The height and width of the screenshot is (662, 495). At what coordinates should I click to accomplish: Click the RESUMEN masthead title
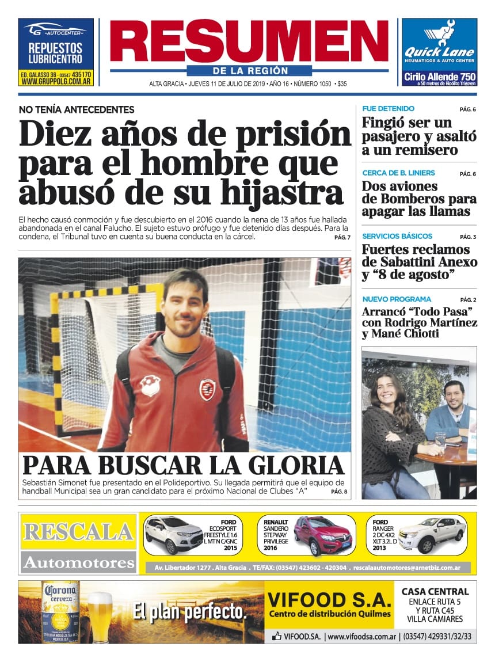[249, 41]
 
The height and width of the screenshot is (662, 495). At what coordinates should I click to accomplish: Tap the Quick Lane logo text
[439, 52]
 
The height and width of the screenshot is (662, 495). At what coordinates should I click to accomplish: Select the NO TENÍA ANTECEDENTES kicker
[77, 109]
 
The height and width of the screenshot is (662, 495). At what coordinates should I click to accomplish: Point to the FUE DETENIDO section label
[388, 109]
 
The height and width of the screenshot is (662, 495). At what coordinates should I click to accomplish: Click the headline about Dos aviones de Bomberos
[419, 199]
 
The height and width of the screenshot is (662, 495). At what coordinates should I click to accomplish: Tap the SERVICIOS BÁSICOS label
[397, 236]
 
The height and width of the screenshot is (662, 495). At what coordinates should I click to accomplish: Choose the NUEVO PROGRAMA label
[397, 299]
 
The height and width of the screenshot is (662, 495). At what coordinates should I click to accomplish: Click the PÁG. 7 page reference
[342, 237]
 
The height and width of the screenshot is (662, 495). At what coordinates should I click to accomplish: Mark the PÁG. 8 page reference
[339, 492]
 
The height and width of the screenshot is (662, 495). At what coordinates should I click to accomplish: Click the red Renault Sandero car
[322, 535]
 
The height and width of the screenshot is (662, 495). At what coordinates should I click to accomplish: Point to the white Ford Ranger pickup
[432, 534]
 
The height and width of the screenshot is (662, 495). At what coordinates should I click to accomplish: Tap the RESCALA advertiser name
[78, 531]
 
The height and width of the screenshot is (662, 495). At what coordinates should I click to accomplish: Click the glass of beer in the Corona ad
[100, 616]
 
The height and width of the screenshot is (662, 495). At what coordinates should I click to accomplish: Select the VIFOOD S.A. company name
[329, 600]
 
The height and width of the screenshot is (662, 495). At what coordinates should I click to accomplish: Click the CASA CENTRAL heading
[435, 592]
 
